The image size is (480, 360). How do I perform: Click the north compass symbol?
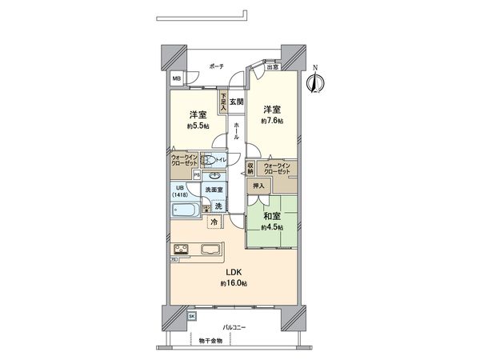315,82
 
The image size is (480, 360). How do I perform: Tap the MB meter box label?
176,79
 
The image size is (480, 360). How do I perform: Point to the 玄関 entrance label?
236,102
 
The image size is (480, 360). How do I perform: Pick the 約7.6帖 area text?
272,120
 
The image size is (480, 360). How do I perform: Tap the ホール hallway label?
237,131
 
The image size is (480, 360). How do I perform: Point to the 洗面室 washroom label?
214,189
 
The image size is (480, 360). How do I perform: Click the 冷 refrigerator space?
215,222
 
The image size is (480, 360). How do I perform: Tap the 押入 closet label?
258,186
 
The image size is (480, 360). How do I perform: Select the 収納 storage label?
250,169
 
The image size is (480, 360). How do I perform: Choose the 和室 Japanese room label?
272,214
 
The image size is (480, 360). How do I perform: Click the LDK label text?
231,273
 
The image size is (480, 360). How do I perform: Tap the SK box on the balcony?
192,315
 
